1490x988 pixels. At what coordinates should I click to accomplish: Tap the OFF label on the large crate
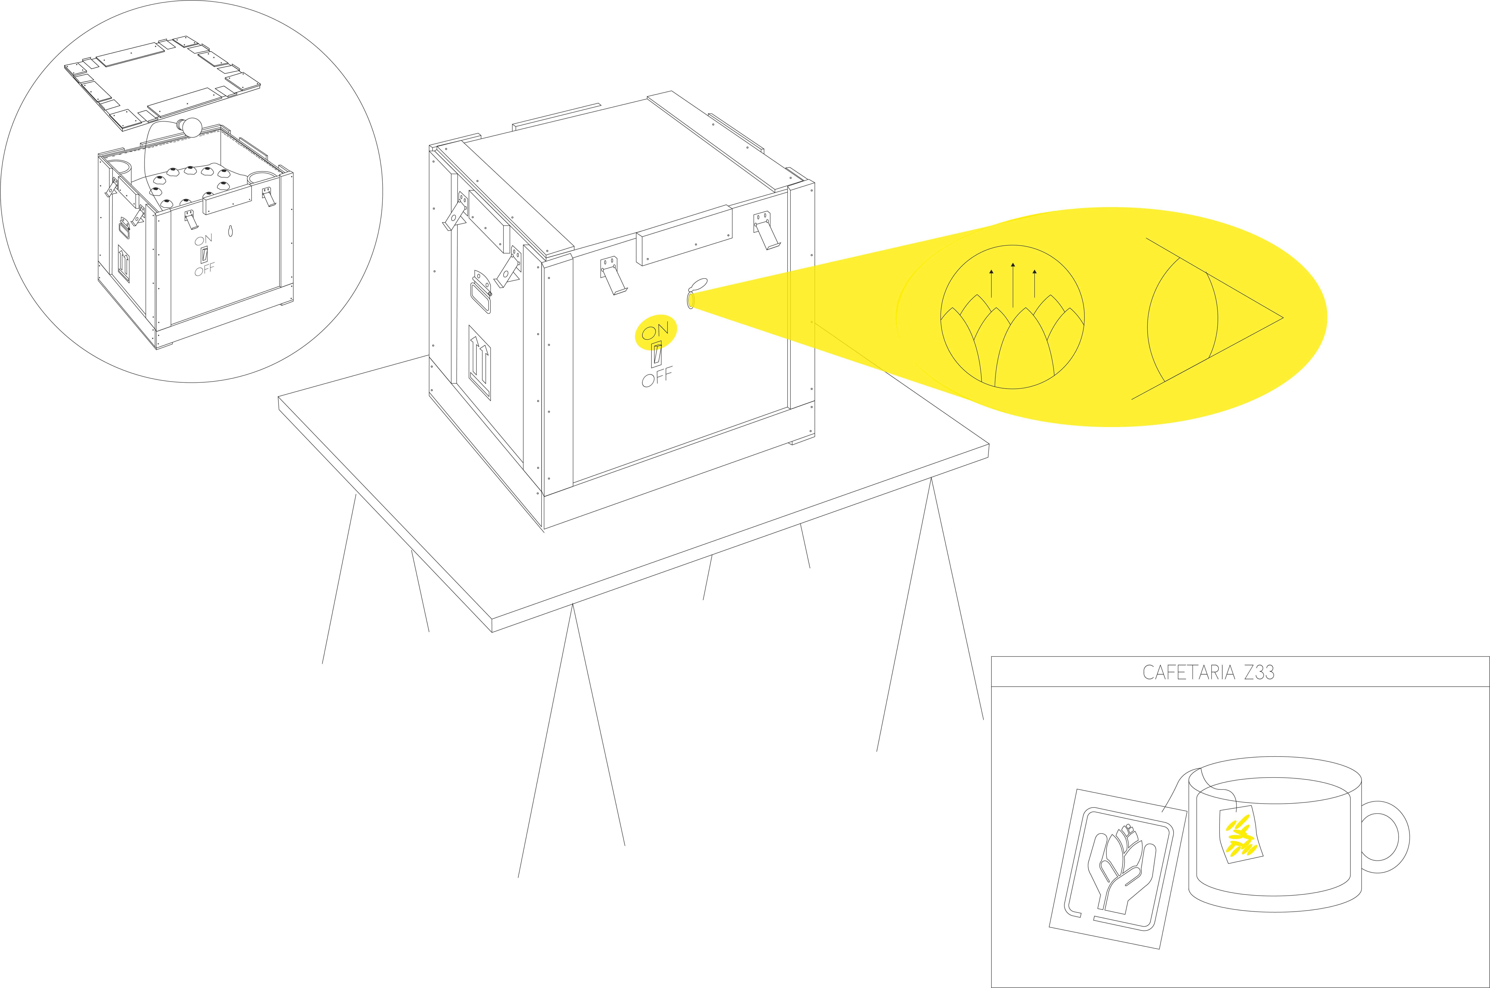656,377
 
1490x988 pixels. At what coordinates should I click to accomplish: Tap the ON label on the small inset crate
203,239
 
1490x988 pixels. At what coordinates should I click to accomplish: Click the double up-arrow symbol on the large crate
479,362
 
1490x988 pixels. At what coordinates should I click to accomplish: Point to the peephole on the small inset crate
230,231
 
